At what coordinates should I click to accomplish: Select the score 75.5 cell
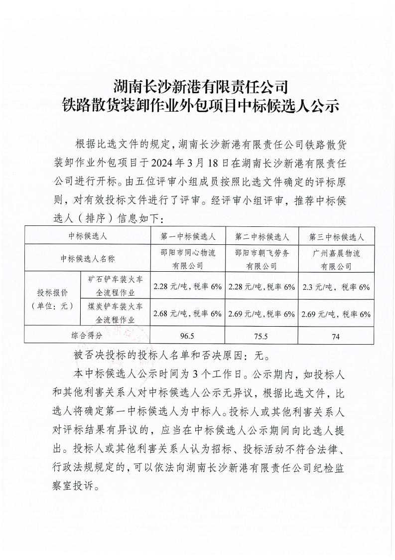click(261, 337)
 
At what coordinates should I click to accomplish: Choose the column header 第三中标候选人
click(336, 236)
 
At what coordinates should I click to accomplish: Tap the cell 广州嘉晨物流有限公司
click(336, 259)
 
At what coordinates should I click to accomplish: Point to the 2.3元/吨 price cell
click(336, 287)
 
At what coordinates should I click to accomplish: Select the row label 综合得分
click(87, 336)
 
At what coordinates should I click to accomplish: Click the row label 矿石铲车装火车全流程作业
click(115, 287)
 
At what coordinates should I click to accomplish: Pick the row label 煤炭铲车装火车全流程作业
click(115, 313)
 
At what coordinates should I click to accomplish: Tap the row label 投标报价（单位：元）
click(52, 299)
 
